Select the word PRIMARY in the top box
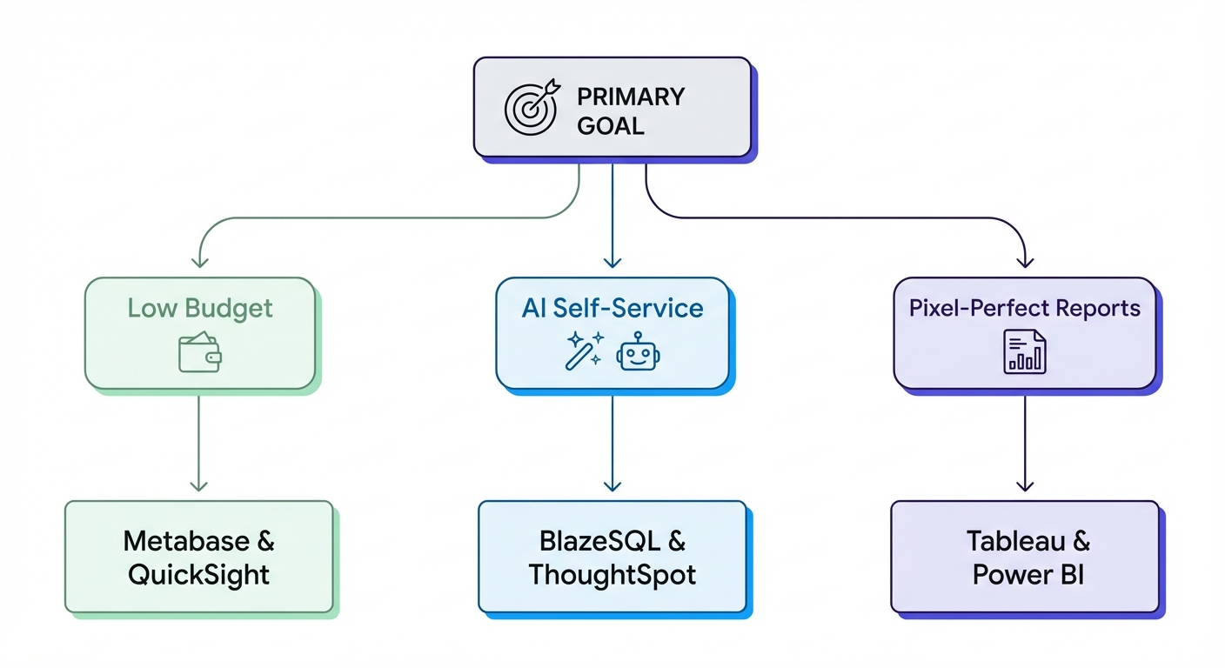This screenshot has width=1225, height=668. click(631, 96)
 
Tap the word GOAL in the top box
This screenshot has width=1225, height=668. click(611, 125)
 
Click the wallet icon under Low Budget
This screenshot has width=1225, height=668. click(199, 353)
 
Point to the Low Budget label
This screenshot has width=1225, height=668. click(200, 308)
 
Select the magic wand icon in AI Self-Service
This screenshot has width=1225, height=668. click(584, 351)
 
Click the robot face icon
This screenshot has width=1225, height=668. click(639, 352)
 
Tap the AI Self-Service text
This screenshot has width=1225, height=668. click(612, 308)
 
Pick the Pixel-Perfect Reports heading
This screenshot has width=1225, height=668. click(1024, 308)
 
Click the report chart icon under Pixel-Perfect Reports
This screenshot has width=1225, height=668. click(1025, 352)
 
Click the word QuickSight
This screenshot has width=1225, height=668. click(199, 574)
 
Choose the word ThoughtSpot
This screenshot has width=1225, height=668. click(612, 574)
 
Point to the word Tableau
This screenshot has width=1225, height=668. click(1016, 541)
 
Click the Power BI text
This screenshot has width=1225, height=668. click(1028, 574)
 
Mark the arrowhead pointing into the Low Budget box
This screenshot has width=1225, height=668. click(199, 261)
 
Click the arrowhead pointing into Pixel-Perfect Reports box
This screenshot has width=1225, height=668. click(1025, 261)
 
